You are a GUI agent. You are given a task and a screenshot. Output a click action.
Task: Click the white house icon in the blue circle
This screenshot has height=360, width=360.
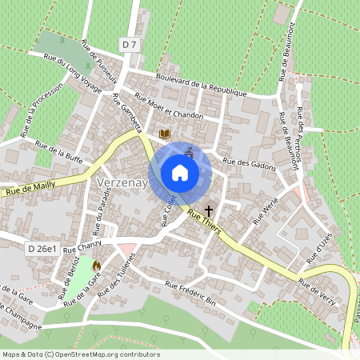180,172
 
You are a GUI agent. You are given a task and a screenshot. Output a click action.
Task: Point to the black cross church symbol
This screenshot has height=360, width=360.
209,211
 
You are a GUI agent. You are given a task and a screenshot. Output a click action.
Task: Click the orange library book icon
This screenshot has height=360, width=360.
165,134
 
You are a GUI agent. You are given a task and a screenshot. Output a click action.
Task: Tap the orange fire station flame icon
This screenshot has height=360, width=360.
97,264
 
